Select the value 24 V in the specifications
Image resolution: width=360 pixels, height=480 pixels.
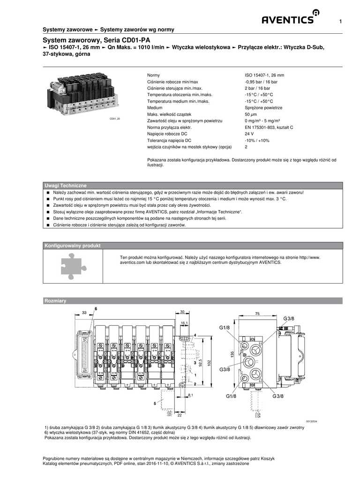[x=249, y=134]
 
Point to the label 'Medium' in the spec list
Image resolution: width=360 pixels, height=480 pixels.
[x=155, y=107]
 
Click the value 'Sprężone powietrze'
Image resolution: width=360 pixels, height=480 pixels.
[x=260, y=107]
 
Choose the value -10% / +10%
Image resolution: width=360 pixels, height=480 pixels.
[x=257, y=140]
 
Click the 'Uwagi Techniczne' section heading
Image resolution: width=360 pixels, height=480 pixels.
[x=65, y=186]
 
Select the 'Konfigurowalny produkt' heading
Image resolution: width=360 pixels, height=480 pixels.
[x=72, y=246]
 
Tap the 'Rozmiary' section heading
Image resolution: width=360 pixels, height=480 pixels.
[x=55, y=300]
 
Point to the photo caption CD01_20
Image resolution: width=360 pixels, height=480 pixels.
[x=115, y=119]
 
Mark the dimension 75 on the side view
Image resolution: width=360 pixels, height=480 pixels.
[x=257, y=313]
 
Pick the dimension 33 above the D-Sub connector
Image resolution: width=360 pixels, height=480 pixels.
[x=84, y=313]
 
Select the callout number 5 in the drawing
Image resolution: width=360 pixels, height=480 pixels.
[x=154, y=403]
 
